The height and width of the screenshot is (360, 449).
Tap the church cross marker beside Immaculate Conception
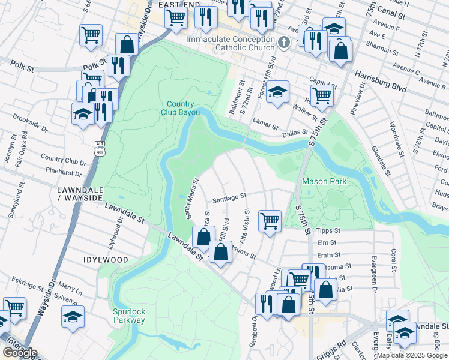[285, 42]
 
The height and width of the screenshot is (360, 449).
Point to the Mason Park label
[325, 181]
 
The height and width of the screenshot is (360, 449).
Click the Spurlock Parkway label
[129, 316]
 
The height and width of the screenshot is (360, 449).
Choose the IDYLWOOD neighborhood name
[106, 260]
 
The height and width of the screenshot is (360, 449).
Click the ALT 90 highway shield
[100, 148]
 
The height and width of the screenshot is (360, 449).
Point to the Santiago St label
[230, 196]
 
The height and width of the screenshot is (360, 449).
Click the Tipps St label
[328, 230]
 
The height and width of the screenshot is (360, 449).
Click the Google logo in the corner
[20, 353]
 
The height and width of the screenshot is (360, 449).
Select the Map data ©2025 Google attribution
[412, 355]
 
